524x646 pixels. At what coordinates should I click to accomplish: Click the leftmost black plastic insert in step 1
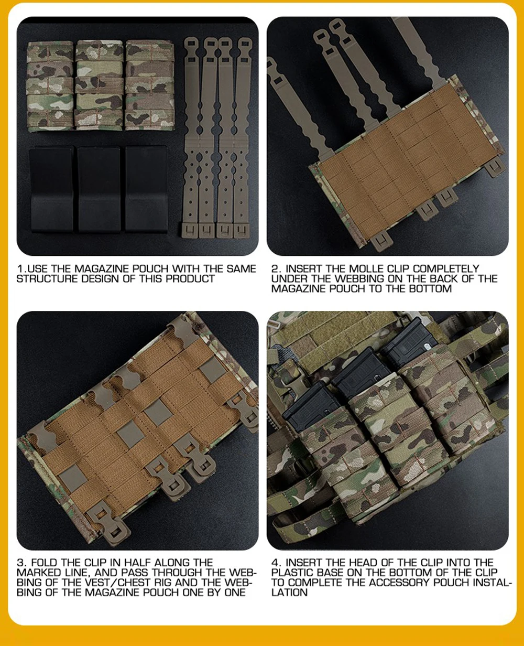(x=52, y=189)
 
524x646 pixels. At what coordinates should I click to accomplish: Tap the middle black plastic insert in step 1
(x=99, y=189)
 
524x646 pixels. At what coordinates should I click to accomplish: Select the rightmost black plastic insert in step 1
(x=146, y=189)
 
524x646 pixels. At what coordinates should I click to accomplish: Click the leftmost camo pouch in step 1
(x=50, y=86)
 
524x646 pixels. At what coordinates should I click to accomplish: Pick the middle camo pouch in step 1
(x=99, y=85)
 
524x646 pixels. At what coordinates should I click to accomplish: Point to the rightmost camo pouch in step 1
(x=149, y=85)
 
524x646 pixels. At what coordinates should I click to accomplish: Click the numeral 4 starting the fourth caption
(x=276, y=563)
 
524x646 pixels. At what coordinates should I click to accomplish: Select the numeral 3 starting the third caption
(x=21, y=563)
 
